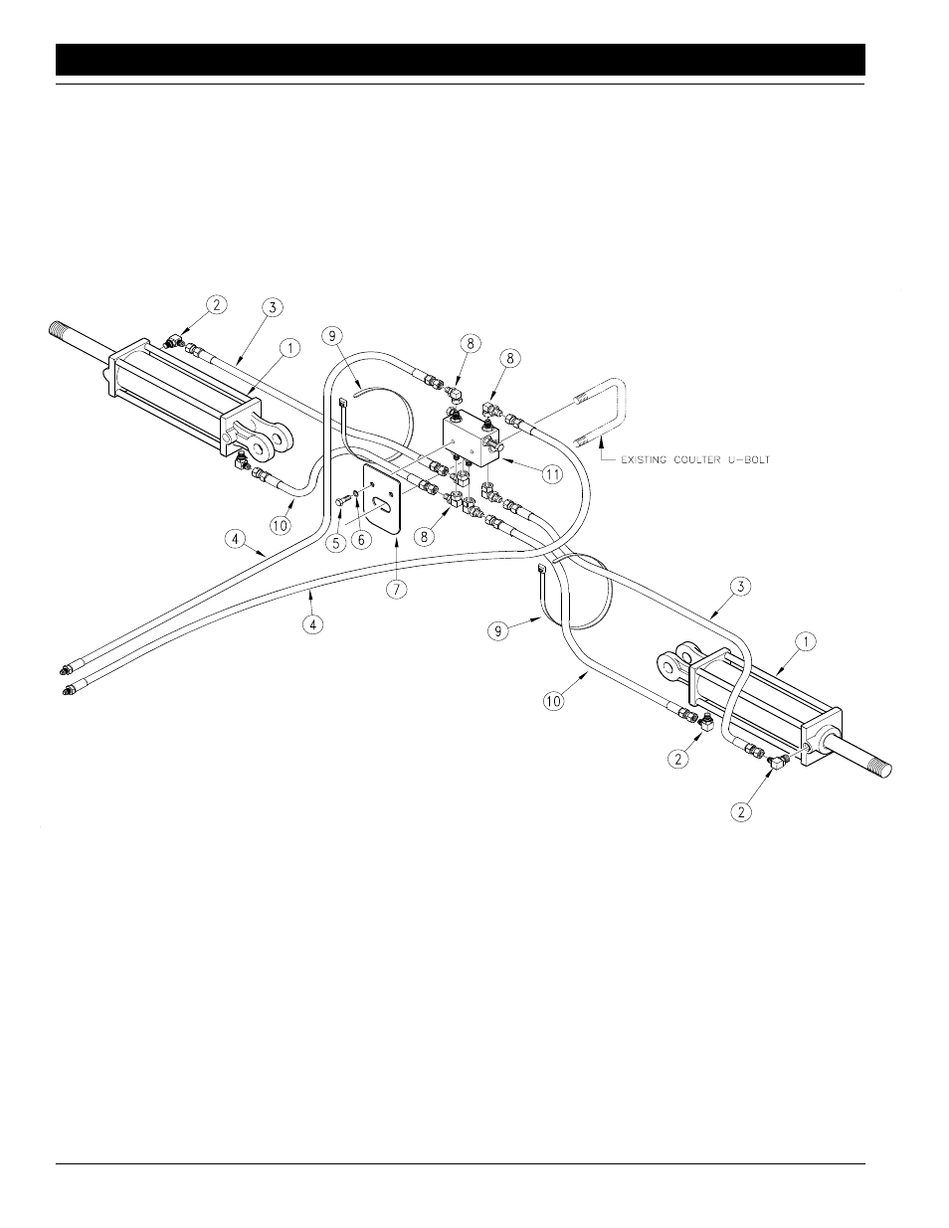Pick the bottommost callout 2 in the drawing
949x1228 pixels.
[x=738, y=811]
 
